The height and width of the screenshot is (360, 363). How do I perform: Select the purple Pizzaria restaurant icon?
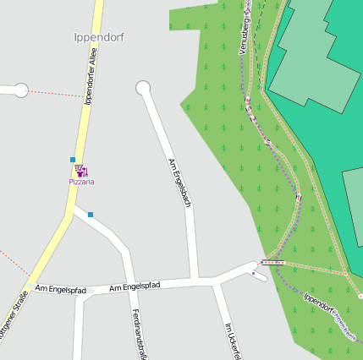tap(82, 171)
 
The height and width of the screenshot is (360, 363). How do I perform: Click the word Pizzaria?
tap(82, 182)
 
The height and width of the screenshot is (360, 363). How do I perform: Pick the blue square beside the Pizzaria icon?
tap(73, 159)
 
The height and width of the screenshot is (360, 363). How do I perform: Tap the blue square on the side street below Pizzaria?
tap(91, 215)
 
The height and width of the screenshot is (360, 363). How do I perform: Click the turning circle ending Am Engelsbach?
tap(143, 87)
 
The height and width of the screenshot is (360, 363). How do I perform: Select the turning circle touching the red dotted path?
tap(21, 90)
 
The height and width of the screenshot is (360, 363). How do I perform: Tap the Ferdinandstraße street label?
tap(140, 333)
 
